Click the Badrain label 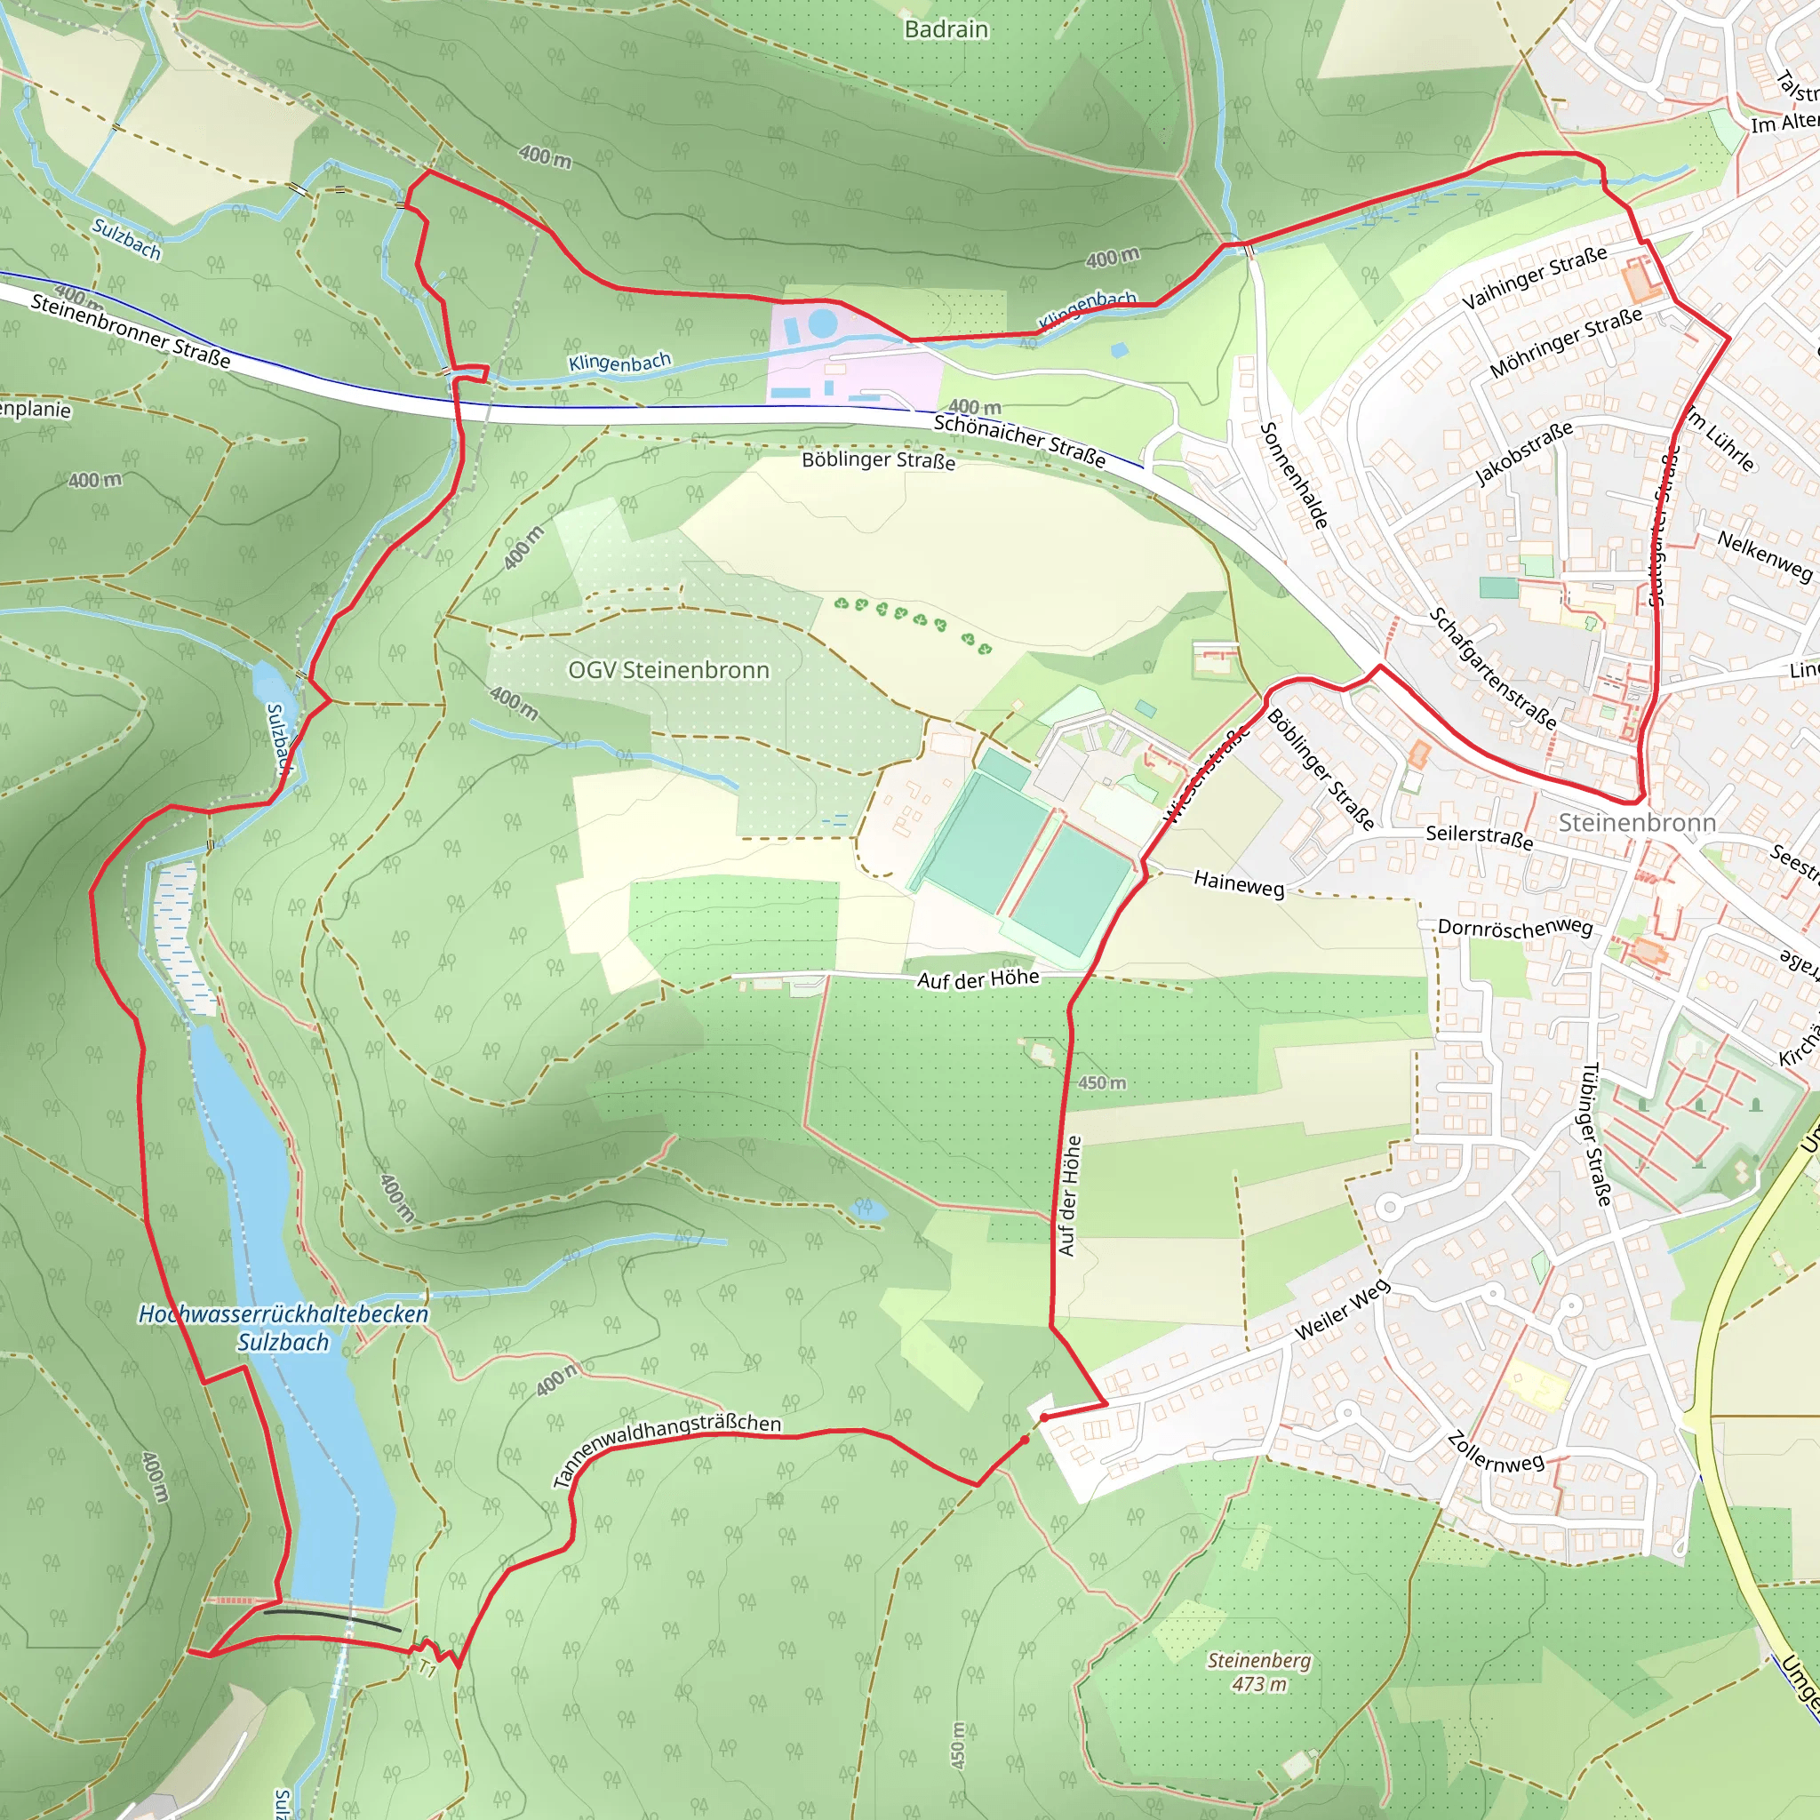946,29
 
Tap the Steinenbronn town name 1636,822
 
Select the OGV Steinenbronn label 668,670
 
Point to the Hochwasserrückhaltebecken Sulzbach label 283,1328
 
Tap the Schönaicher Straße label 1019,440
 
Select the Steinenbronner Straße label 130,330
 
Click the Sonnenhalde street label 1294,475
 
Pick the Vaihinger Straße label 1535,278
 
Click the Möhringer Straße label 1566,343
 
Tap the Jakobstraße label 1522,453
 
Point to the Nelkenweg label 1764,555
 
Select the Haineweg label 1239,883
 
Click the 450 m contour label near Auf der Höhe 1101,1082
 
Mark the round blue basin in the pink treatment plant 822,323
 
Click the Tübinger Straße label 1596,1134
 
